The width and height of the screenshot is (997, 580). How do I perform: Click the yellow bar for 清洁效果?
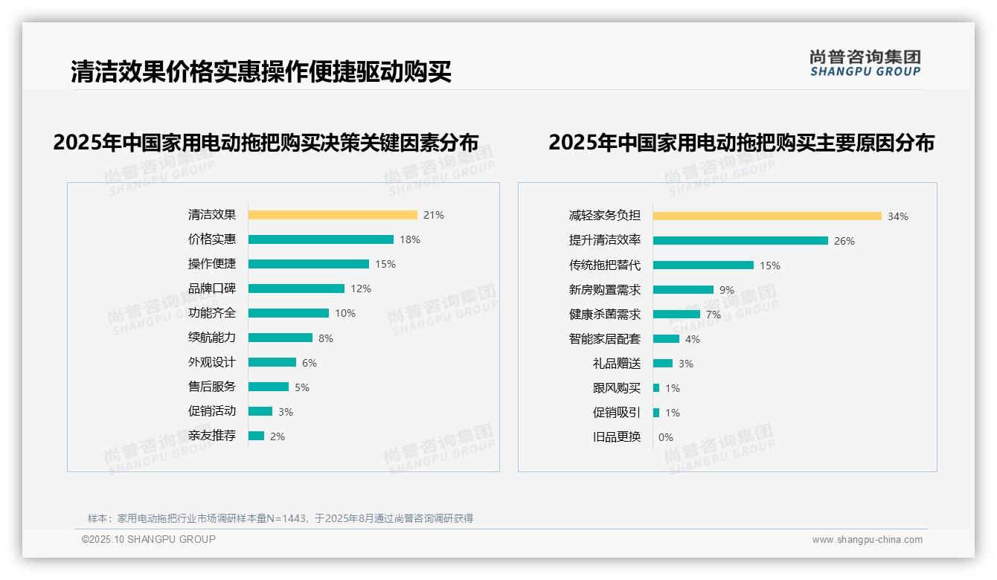333,215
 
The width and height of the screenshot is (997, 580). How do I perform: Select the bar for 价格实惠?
321,239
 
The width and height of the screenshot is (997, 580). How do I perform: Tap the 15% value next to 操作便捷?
385,264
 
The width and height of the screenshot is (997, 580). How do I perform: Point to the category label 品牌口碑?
212,289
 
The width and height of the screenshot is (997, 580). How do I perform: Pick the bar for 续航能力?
280,338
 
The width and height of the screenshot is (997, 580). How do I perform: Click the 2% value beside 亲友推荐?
278,436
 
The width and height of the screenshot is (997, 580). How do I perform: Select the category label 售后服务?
212,387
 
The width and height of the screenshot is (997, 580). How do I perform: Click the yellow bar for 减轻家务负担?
767,216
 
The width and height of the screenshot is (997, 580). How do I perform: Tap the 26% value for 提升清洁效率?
844,241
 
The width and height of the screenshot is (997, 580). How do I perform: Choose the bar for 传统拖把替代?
703,265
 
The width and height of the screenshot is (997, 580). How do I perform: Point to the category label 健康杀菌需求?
605,315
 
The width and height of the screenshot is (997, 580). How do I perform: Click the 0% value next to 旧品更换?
666,437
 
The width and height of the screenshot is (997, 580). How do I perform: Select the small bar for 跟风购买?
656,388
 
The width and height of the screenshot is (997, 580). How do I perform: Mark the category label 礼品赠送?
617,364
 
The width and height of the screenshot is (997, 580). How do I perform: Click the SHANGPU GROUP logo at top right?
865,63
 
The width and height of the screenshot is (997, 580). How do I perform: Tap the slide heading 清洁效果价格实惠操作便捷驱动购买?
261,72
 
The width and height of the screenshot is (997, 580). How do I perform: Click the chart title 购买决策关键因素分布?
266,142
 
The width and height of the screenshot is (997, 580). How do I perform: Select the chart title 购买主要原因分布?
741,142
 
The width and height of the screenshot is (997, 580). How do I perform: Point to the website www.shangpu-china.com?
867,540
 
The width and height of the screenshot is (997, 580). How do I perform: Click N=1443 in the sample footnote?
287,518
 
